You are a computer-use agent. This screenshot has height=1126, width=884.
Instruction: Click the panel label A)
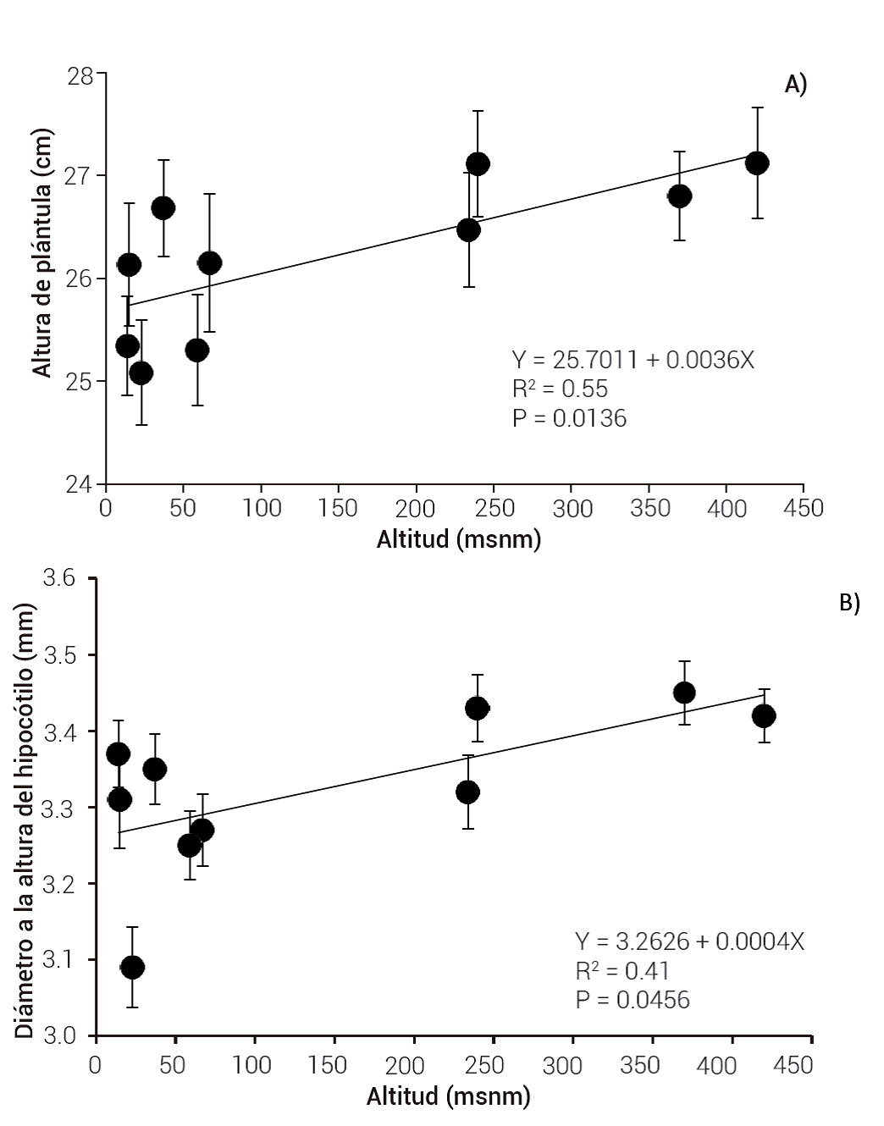coord(796,85)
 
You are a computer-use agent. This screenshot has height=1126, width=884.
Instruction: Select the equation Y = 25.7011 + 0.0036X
coord(633,360)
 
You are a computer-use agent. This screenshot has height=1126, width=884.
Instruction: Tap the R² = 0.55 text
coord(560,389)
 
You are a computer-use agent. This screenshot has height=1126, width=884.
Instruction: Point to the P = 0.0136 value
coord(569,417)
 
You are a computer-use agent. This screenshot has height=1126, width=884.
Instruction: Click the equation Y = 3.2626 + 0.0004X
coord(689,941)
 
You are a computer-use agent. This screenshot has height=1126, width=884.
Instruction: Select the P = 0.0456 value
coord(633,1000)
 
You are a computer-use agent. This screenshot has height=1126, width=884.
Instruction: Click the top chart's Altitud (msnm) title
coord(458,540)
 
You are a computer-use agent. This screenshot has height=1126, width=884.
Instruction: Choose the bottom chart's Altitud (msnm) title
coord(448,1096)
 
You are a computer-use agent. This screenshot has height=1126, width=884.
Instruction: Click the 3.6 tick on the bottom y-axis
coord(59,578)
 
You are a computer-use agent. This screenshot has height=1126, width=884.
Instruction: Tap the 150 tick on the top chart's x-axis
coord(338,508)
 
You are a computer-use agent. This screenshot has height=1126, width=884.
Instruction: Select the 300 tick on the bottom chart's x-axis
coord(571,1064)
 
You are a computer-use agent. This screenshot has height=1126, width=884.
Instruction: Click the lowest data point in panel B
coord(132,967)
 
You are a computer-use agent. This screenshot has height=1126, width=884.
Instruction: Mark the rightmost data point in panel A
coord(757,163)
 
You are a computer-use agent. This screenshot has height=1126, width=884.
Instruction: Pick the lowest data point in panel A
coord(141,373)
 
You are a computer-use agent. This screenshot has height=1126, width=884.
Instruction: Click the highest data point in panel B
coord(684,693)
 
